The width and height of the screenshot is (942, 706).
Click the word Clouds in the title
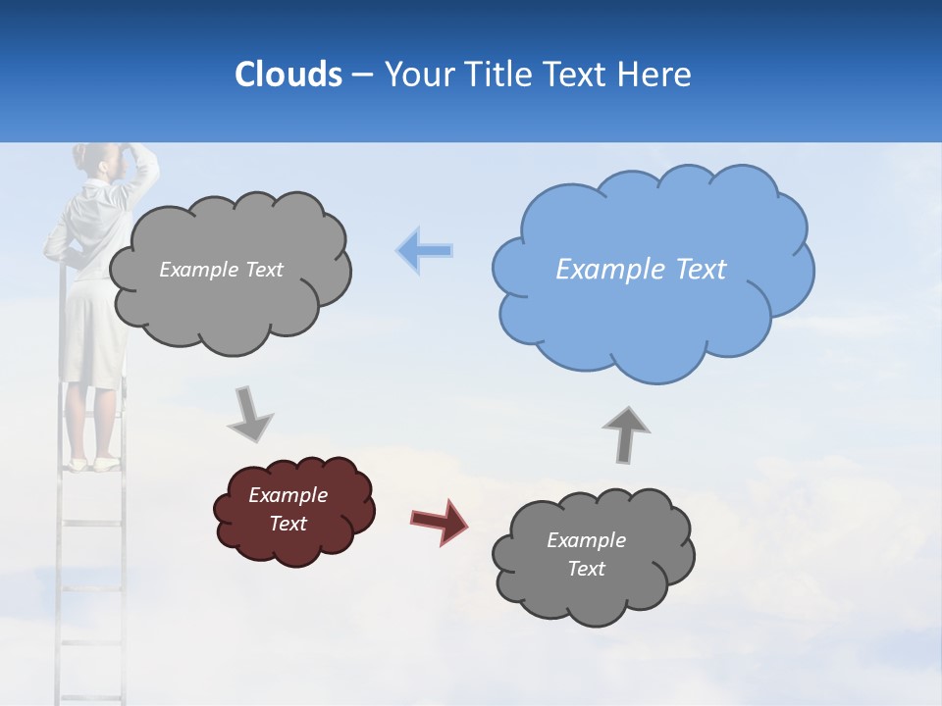[x=288, y=75]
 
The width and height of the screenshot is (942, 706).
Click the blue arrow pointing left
[x=425, y=251]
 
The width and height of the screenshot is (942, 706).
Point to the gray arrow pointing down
[x=250, y=413]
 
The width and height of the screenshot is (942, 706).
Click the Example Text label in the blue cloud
[x=641, y=270]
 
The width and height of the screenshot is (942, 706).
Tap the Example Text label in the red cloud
[x=288, y=509]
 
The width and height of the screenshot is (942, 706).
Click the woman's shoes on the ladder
[x=92, y=464]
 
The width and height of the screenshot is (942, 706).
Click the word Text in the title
[x=579, y=75]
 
